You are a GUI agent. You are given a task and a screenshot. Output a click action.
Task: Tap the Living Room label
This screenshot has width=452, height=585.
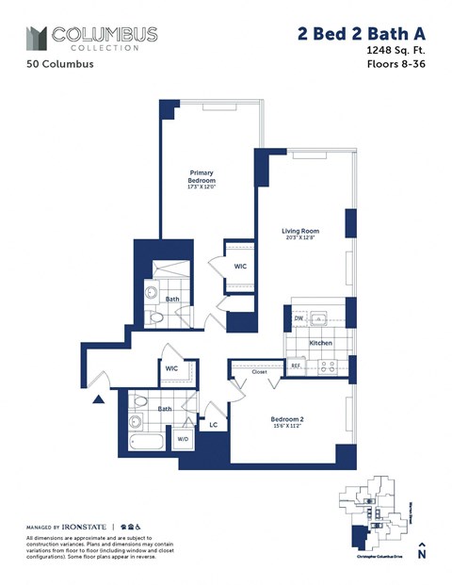point(301,232)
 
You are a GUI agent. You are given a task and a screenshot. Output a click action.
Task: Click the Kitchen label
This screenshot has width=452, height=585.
point(321,343)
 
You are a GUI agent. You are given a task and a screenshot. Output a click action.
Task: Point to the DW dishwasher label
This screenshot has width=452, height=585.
point(299,319)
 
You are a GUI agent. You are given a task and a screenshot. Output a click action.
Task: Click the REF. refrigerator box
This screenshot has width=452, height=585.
point(296,366)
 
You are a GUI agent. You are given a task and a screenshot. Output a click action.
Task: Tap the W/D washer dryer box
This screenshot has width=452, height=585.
point(183,438)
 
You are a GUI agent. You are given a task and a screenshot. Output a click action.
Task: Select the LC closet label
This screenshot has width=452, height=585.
point(215,425)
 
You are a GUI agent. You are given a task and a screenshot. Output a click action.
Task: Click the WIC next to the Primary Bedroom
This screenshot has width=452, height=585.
point(240,268)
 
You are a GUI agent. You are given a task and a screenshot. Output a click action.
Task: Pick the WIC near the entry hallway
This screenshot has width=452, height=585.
point(171,368)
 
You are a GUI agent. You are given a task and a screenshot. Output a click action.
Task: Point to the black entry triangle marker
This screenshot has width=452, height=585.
point(97,400)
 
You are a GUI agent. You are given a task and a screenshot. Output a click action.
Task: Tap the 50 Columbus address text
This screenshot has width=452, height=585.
point(56,66)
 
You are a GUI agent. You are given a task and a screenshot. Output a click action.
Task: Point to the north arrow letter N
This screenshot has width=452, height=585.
point(422,556)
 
